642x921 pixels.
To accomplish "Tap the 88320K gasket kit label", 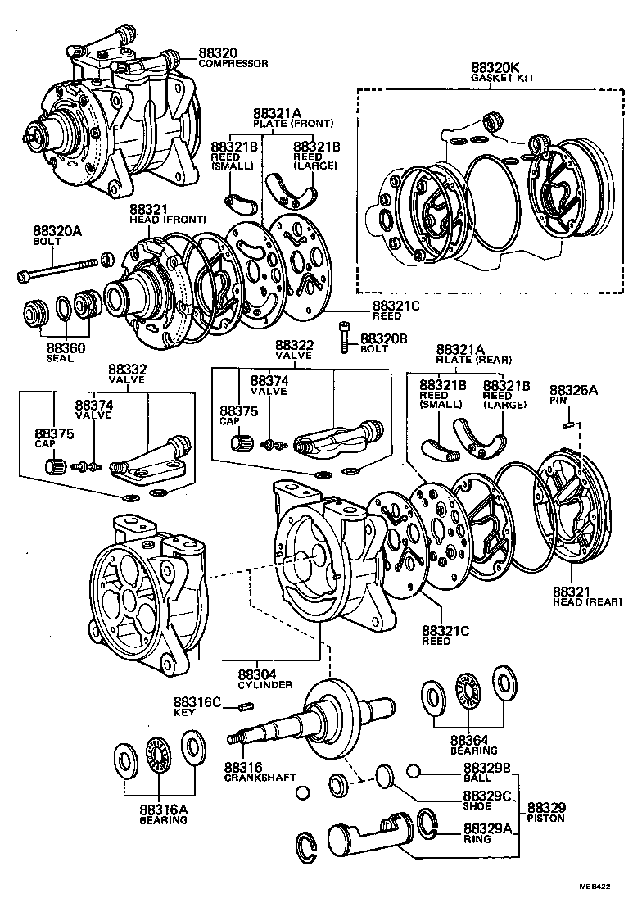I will pos(496,67).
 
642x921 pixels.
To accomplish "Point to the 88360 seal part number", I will pos(66,347).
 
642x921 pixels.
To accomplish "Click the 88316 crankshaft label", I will pos(243,766).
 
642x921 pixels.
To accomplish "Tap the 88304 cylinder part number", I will pos(259,674).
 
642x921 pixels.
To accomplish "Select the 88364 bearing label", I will pos(468,739).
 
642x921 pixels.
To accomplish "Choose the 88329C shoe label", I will pos(487,796).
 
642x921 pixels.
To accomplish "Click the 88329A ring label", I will pos(487,828).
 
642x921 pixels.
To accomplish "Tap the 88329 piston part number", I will pos(546,808).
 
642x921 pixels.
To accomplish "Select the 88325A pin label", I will pos(573,390).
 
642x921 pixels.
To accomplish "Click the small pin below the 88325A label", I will pos(572,424).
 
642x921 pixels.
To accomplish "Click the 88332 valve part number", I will pos(127,370).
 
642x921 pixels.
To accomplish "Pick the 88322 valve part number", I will pos(294,346).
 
